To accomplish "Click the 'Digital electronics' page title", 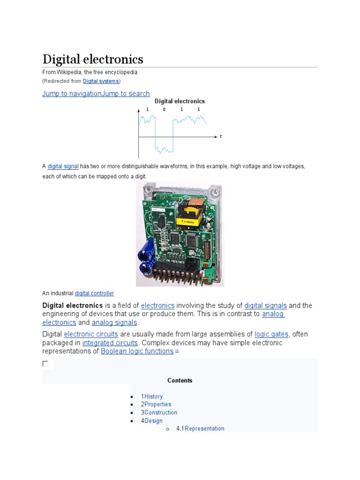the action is pos(93,60).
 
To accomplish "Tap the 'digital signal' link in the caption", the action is pos(63,166).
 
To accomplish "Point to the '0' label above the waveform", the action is pos(164,110).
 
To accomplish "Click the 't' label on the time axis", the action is pos(220,136).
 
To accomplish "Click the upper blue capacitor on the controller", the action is pos(146,253).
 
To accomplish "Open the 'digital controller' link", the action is pos(94,293).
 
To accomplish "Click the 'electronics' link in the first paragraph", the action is pos(157,306).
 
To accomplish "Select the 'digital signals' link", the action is pos(265,306).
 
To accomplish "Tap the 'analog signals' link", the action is pos(114,322).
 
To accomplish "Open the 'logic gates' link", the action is pos(271,334).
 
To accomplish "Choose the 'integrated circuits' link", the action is pos(110,343).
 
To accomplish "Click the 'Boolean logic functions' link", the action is pos(137,351).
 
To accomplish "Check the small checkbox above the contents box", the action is pos(45,364).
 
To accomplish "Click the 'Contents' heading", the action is pos(180,381).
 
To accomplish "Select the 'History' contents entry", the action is pos(153,397).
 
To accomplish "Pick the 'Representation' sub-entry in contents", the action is pos(204,428).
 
